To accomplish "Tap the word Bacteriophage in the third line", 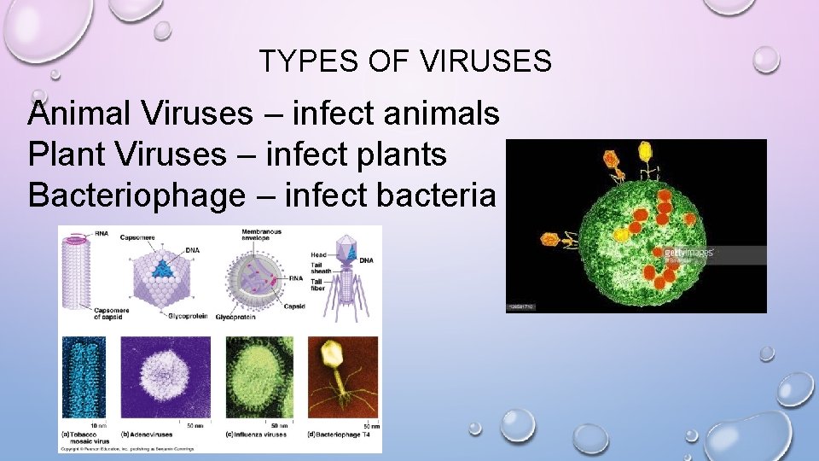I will point(135,195).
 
